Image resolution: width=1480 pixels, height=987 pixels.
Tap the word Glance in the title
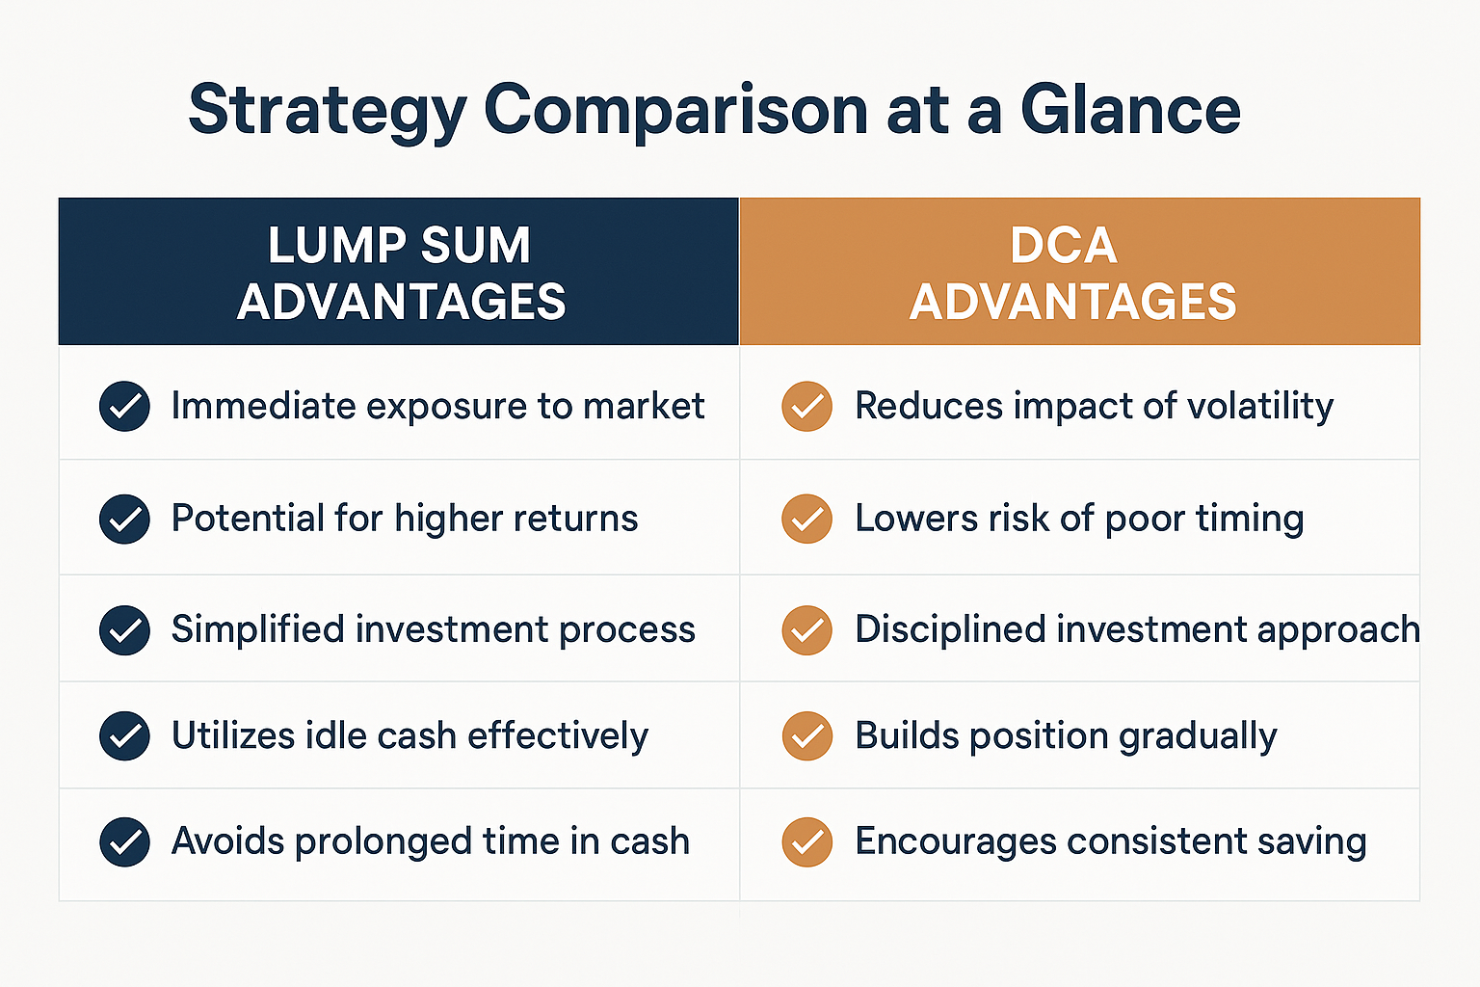coord(1130,109)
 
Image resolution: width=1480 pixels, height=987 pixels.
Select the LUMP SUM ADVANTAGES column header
coord(399,272)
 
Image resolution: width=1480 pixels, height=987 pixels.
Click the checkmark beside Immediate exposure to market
coord(124,406)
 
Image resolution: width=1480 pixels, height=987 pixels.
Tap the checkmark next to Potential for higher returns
coord(124,519)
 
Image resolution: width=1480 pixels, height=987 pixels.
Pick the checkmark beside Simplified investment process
coord(124,630)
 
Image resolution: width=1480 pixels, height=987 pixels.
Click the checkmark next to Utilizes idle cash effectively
coord(124,736)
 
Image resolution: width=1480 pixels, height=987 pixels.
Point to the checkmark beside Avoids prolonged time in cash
coord(124,841)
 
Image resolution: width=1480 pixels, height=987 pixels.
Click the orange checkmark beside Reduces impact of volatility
coord(806,406)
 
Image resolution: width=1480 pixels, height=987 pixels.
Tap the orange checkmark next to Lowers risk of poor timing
coord(806,519)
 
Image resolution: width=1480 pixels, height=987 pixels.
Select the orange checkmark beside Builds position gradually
coord(806,736)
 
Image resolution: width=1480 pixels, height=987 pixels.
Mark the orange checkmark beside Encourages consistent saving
coord(806,841)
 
